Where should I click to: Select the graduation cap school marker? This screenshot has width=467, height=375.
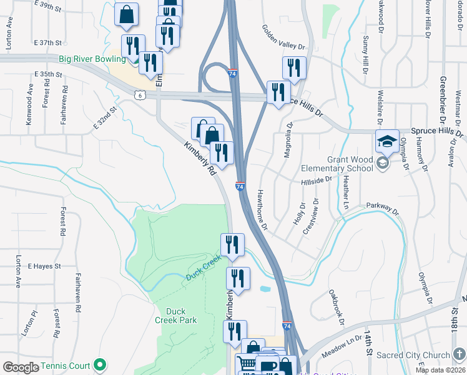coord(387,142)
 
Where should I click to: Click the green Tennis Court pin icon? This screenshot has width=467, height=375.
coord(99,366)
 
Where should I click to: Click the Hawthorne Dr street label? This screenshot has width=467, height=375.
coord(263,209)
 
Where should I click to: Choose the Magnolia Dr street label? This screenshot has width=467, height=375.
coord(288,140)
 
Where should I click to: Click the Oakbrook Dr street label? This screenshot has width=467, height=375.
coord(337,307)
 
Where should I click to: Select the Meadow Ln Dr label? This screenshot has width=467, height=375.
coord(342,346)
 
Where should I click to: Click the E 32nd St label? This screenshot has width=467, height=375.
coord(105,117)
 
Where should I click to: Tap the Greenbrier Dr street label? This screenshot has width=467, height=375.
coord(443,99)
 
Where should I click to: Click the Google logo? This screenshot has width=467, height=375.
coord(21,367)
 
